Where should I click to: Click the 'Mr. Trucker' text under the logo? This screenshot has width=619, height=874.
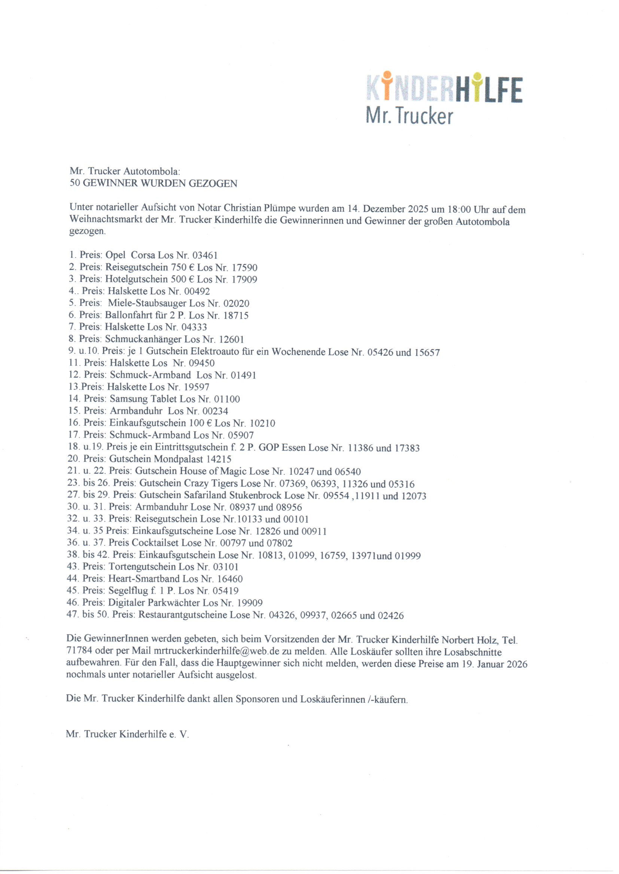point(409,116)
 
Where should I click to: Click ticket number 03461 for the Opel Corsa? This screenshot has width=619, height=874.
point(205,255)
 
